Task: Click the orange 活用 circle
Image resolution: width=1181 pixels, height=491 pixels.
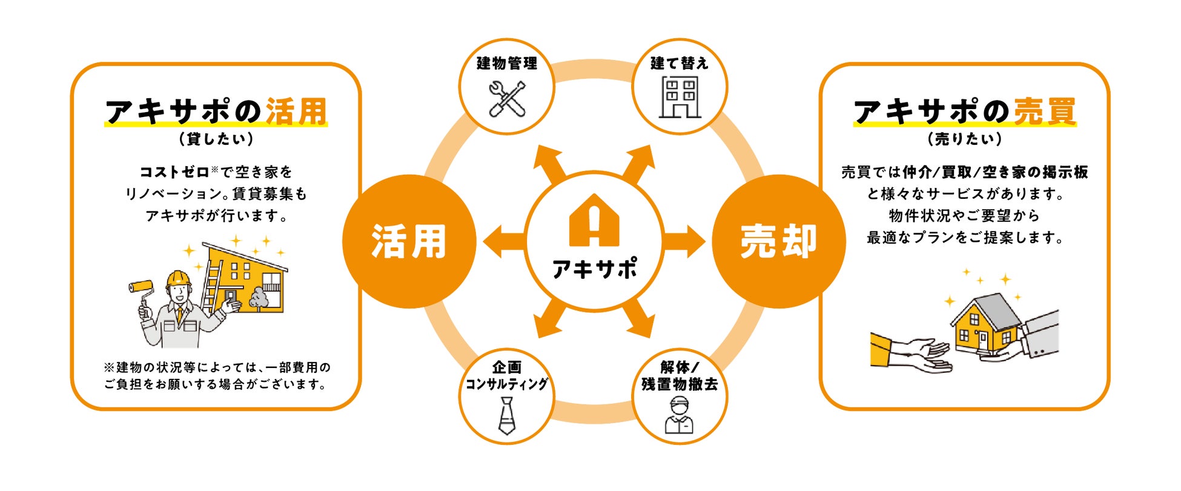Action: point(409,241)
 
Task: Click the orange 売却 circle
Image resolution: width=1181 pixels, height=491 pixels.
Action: point(778,241)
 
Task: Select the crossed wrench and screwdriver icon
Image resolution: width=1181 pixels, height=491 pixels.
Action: point(507,99)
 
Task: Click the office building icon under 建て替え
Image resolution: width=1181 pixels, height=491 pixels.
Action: point(680,97)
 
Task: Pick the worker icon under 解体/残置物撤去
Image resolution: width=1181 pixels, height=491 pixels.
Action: point(679,415)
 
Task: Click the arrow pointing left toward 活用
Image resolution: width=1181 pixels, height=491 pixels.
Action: point(503,241)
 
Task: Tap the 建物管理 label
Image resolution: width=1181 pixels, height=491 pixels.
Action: point(507,63)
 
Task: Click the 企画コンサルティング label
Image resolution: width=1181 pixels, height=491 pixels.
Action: point(506,376)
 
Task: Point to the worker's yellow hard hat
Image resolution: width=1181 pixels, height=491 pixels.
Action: point(178,278)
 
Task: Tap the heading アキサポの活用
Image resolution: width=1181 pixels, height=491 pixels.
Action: point(216,112)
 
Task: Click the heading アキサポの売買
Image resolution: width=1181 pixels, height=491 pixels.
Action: point(965,112)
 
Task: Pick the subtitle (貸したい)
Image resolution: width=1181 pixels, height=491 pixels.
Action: point(216,139)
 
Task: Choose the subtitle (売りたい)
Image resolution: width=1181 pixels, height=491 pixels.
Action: point(965,139)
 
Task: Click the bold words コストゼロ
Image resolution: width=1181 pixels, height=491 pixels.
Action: point(174,172)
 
